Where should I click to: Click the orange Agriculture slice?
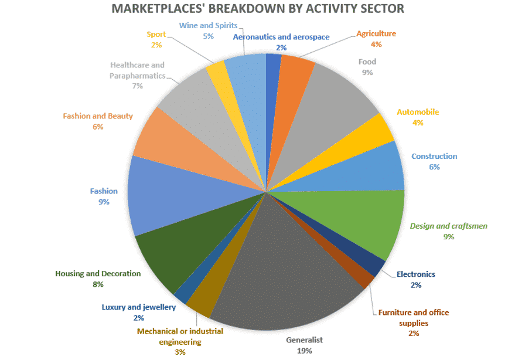(293, 76)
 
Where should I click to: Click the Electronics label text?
(416, 274)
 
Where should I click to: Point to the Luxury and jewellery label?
(138, 307)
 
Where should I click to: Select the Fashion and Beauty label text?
(98, 116)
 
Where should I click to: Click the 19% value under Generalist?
(304, 351)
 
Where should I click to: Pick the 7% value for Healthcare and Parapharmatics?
(138, 86)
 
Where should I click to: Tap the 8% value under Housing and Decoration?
(98, 284)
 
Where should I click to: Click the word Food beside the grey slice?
(367, 62)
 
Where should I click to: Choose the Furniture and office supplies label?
(414, 318)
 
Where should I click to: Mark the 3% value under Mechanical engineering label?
(180, 352)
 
